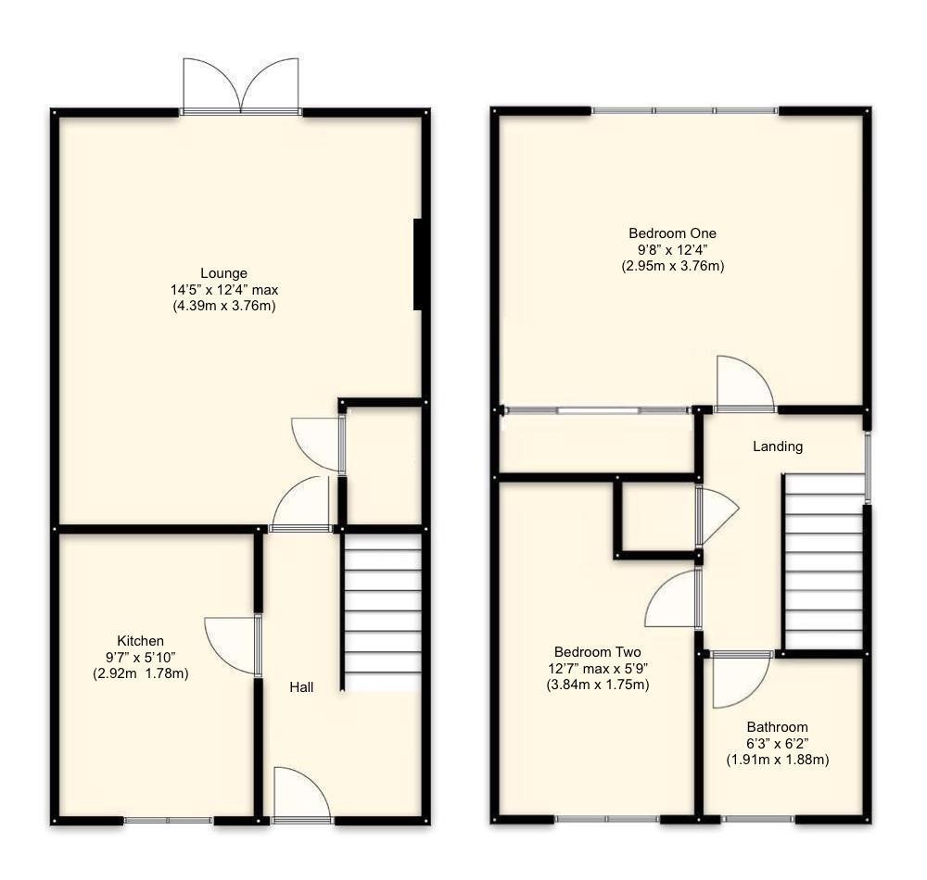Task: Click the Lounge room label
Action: click(223, 273)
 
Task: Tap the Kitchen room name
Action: click(140, 641)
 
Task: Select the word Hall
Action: click(301, 687)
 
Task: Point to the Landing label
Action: click(778, 446)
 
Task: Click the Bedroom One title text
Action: click(672, 233)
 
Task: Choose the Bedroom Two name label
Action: click(597, 652)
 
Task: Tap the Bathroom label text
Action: click(777, 727)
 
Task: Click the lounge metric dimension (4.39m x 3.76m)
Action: click(224, 306)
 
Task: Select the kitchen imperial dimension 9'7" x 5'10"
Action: click(140, 657)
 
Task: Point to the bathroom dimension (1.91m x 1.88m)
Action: click(778, 760)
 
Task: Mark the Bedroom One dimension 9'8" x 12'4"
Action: click(672, 249)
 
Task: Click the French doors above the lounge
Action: click(241, 86)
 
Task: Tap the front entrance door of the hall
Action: click(302, 794)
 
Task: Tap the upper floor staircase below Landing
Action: click(823, 561)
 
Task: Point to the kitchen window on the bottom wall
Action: click(168, 820)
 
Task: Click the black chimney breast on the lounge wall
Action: click(417, 264)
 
